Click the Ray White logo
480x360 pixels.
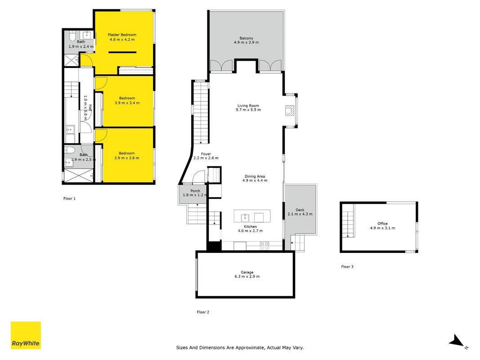[26, 335]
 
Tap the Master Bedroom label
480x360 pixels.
[122, 35]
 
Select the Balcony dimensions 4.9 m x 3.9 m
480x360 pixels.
[247, 42]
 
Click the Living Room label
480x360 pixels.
[248, 106]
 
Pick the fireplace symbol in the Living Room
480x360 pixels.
[290, 111]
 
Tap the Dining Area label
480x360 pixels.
[255, 176]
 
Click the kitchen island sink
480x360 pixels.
[245, 218]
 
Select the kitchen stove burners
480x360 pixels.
[265, 246]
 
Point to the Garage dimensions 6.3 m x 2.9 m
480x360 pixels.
[247, 276]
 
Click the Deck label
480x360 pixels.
[300, 210]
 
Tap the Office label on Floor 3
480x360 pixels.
[383, 224]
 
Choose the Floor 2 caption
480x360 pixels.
[203, 312]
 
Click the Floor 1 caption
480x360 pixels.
[69, 198]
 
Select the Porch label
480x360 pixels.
[195, 191]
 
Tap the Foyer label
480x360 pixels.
[206, 154]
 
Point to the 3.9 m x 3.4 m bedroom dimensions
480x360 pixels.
[127, 103]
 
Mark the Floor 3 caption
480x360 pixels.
[347, 267]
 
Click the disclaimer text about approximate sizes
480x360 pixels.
[240, 347]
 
